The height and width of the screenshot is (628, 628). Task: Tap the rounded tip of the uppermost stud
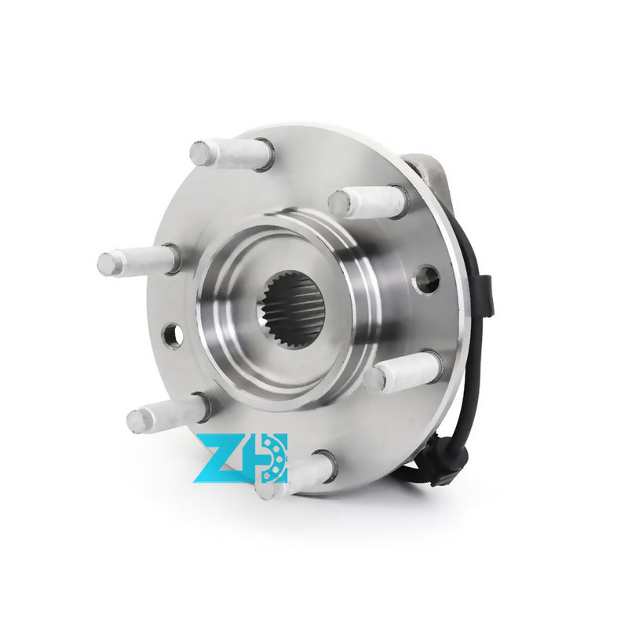(x=200, y=152)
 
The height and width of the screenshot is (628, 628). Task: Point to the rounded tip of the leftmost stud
(x=108, y=264)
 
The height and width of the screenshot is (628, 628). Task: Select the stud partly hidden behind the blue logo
(x=298, y=473)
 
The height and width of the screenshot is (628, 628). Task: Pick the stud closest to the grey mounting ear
(x=367, y=203)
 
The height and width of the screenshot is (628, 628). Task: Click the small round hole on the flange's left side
(x=173, y=334)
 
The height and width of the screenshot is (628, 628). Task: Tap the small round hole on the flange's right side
(x=427, y=278)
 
